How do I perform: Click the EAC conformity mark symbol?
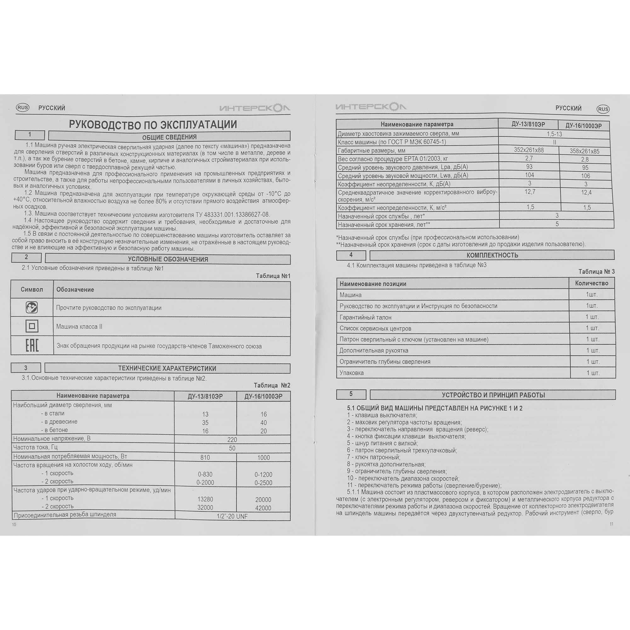click(x=32, y=345)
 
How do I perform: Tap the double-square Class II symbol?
click(x=32, y=326)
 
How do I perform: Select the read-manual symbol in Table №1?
click(x=32, y=307)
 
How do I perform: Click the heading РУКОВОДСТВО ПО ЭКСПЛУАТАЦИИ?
click(x=153, y=124)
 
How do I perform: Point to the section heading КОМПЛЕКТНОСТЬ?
click(x=492, y=255)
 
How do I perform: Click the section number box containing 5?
click(x=351, y=394)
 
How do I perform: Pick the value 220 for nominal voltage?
click(x=232, y=439)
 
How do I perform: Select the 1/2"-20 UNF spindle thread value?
click(x=232, y=516)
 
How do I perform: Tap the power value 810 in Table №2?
click(x=205, y=457)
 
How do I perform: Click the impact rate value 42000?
click(x=263, y=508)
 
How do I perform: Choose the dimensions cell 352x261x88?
click(x=529, y=150)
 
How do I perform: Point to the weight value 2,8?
click(x=585, y=159)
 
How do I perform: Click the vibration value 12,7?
click(x=530, y=192)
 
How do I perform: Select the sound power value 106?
click(x=586, y=176)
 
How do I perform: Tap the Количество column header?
click(x=592, y=283)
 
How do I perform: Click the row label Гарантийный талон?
click(x=365, y=317)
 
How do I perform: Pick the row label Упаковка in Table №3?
click(x=352, y=373)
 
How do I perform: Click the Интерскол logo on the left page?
click(x=255, y=108)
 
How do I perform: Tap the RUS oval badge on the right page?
click(x=603, y=109)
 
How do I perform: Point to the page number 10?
click(x=14, y=524)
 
